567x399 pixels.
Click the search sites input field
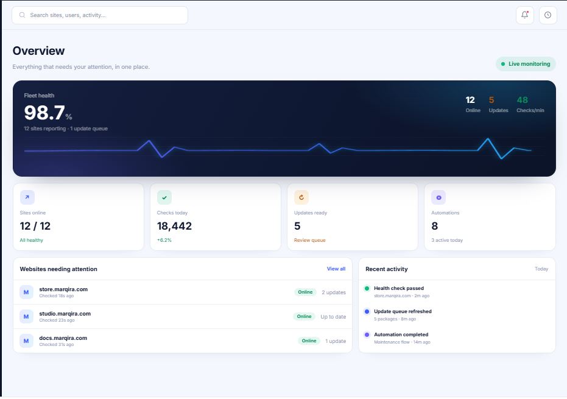click(100, 15)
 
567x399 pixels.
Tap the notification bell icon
click(525, 15)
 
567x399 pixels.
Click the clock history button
click(548, 15)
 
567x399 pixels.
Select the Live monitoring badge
click(526, 64)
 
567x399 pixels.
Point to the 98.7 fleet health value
click(44, 112)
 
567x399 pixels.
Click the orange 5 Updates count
click(491, 100)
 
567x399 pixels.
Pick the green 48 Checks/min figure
click(522, 100)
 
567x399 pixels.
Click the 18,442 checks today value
click(174, 226)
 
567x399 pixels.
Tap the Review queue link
click(309, 240)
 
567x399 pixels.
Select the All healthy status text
click(32, 240)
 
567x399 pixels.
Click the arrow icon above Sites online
click(27, 197)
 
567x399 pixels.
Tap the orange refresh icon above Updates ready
click(301, 197)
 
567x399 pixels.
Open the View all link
click(336, 269)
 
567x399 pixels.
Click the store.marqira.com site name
click(63, 289)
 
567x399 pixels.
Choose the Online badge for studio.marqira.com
click(304, 317)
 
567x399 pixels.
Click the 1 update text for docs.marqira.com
click(336, 341)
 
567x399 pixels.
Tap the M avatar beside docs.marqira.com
click(26, 341)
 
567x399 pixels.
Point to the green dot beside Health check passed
click(367, 288)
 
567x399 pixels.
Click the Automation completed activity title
click(401, 334)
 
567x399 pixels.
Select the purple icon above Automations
click(438, 197)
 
